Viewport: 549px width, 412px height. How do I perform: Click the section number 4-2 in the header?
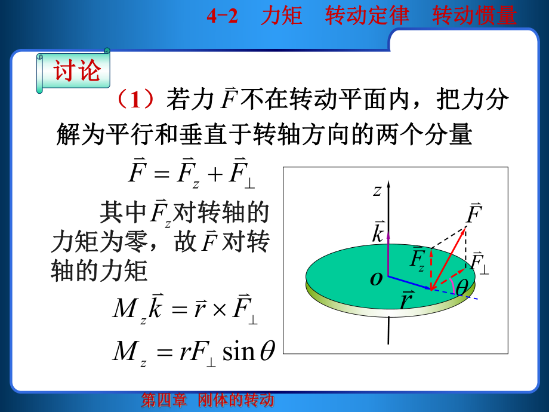point(222,16)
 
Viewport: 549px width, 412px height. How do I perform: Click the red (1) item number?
point(137,99)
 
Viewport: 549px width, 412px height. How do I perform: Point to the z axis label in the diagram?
point(377,190)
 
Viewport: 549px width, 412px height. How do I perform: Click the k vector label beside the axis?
point(378,232)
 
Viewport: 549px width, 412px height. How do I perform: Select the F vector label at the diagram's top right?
point(474,213)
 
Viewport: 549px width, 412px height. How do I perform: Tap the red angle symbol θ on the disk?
point(461,287)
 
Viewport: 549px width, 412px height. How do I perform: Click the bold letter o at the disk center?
point(376,278)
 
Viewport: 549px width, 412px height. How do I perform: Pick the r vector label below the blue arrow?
point(406,301)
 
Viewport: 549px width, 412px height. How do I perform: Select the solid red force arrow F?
point(448,258)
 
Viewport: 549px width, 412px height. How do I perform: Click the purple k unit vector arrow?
point(388,254)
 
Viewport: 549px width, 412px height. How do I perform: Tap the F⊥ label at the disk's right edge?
point(479,263)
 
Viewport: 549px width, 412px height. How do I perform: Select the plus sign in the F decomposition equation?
point(216,175)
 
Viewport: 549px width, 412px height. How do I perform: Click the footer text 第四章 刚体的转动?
point(207,400)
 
